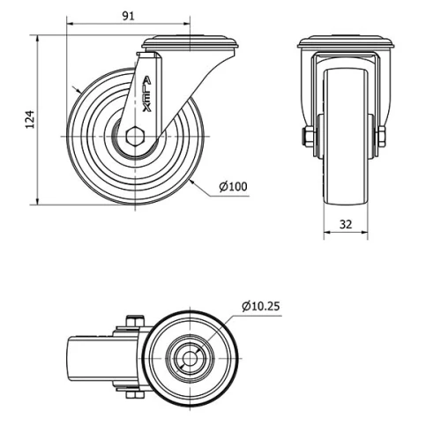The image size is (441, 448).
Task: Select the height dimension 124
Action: [28, 120]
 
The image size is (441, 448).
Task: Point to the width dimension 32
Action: [345, 224]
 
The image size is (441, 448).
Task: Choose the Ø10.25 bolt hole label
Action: [260, 306]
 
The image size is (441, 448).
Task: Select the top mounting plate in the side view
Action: [190, 42]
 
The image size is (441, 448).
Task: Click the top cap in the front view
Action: [345, 42]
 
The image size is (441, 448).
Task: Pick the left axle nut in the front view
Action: [306, 137]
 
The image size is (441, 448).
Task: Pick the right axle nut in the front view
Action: [384, 137]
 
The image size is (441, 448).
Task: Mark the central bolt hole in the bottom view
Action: [188, 359]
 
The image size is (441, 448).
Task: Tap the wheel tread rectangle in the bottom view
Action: [90, 359]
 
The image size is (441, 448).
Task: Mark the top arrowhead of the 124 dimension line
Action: [38, 40]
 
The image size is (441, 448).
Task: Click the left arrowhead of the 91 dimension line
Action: [70, 26]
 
